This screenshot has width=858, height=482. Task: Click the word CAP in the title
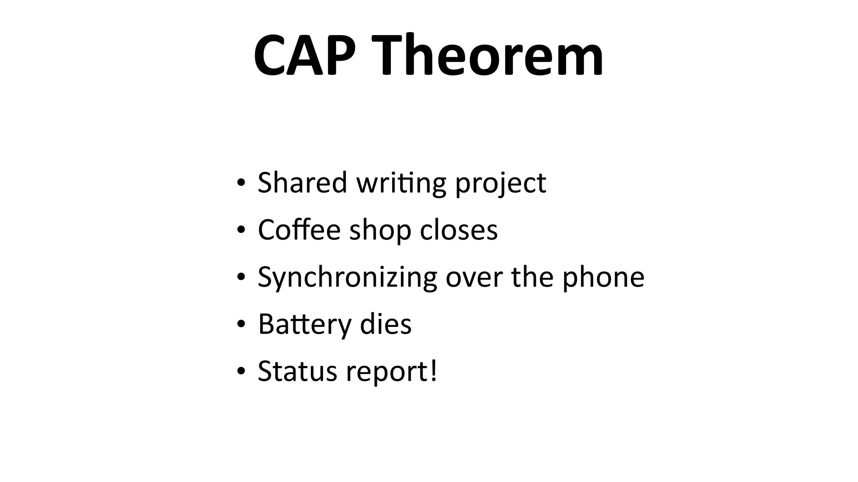point(305,55)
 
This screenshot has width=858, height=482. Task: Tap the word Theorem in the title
point(485,55)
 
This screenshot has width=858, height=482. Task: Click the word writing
point(401,184)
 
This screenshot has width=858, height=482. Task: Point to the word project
point(501,184)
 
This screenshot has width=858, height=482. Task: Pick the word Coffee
point(299,230)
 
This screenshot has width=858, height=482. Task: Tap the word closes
point(459,230)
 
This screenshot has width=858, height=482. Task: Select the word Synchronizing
point(347,278)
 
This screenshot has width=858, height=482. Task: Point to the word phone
point(603,278)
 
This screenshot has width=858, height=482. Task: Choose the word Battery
point(305,324)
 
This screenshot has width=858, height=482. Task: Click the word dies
point(385,324)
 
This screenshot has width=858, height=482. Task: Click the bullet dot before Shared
point(240,183)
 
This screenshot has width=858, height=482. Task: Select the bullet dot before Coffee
point(240,230)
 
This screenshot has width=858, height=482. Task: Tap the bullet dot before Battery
point(240,324)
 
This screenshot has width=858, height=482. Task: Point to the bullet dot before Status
point(240,371)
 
